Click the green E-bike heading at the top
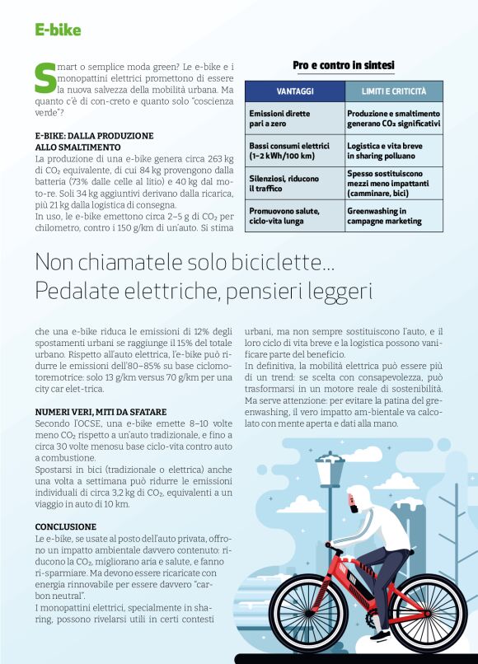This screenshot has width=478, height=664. (58, 30)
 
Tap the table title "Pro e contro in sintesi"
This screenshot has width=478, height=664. (343, 65)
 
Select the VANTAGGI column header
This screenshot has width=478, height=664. (294, 91)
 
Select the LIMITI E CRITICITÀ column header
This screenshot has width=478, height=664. (393, 91)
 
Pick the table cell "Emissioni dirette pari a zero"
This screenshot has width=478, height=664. (294, 117)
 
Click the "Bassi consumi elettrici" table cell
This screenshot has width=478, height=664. (294, 150)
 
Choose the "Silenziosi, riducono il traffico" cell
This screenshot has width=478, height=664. (294, 183)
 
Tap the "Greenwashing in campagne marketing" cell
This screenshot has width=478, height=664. (393, 216)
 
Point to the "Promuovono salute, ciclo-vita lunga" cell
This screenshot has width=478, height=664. (294, 216)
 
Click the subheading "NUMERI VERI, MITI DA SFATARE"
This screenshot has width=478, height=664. (101, 411)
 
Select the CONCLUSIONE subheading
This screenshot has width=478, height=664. (66, 526)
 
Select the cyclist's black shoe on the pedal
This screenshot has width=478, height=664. (380, 635)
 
